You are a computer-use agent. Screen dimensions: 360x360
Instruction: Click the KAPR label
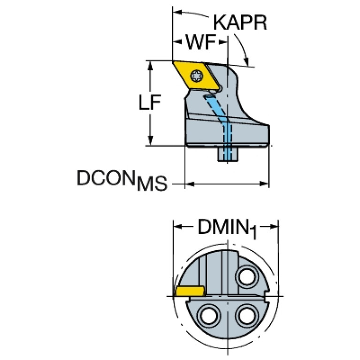point(240,23)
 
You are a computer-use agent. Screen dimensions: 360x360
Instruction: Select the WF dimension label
point(201,42)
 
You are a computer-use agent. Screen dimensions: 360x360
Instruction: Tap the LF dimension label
point(150,102)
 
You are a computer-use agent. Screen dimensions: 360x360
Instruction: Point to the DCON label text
point(106,177)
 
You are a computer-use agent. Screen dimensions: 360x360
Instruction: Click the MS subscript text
point(152,184)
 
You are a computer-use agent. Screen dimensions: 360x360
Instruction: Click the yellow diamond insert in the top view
point(196,75)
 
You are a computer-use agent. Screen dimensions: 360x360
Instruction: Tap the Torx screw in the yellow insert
point(196,75)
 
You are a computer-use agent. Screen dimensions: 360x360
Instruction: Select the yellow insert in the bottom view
point(190,291)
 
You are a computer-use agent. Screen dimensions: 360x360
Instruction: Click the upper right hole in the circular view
point(247,276)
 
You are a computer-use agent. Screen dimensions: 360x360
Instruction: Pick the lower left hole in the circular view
point(209,315)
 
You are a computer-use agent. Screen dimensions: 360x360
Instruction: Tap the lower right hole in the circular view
point(247,315)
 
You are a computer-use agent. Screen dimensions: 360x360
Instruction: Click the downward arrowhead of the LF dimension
point(150,140)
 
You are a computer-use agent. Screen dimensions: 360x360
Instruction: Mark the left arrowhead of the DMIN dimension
point(178,227)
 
